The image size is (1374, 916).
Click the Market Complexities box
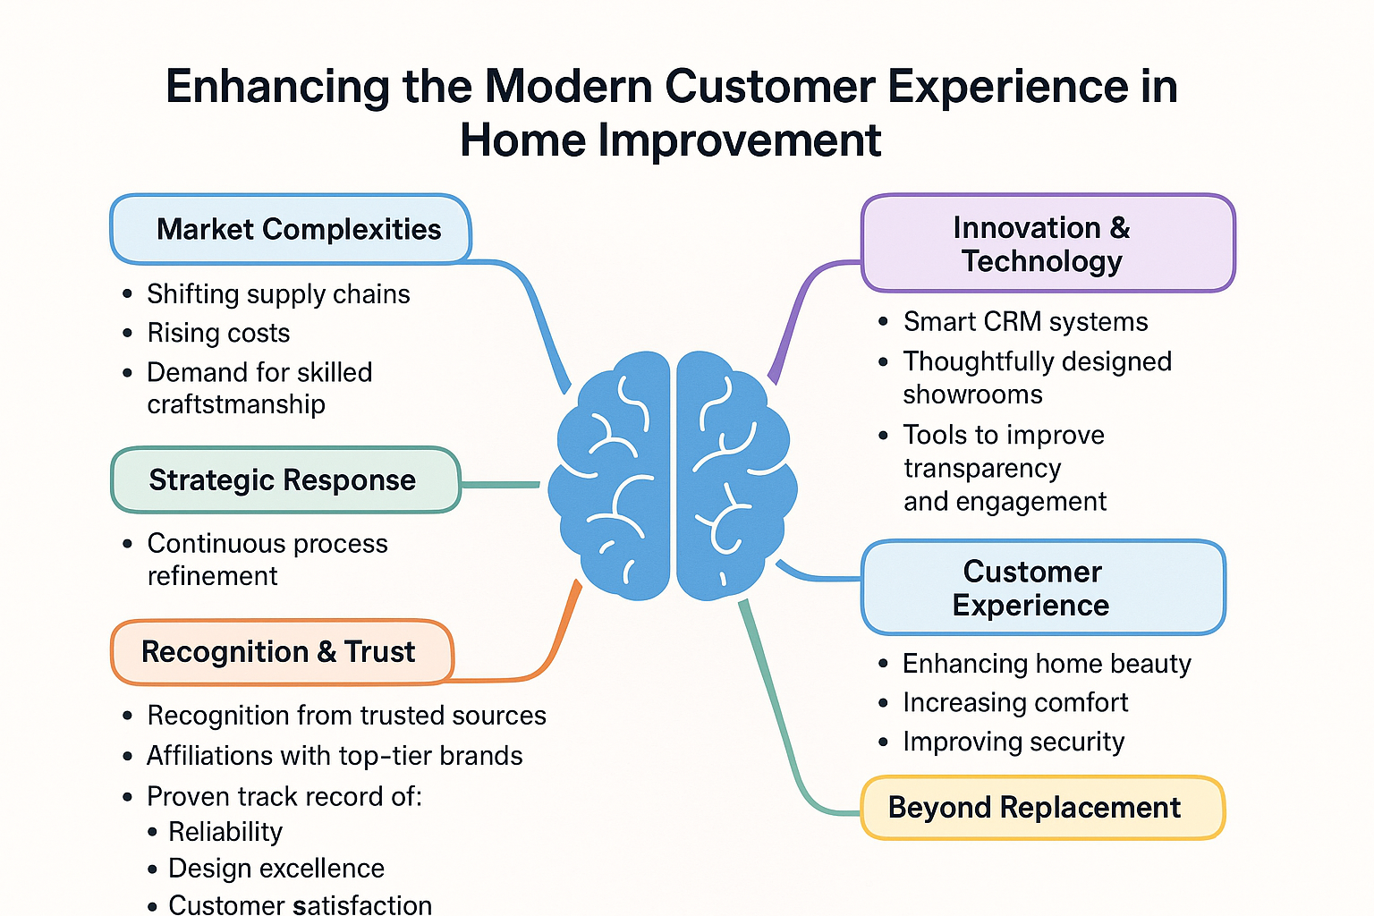pos(291,229)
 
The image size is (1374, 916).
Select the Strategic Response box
pos(285,480)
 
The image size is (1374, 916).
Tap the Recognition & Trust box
pos(282,652)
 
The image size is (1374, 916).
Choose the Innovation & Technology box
pos(1047,244)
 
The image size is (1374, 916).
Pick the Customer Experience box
pos(1043,588)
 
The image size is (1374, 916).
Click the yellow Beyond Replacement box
pos(1042,808)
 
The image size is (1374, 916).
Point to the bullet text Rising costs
pos(218,333)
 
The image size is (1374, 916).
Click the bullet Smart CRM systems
pos(1025,322)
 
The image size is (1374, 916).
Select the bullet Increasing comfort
pos(1014,703)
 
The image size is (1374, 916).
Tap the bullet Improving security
pos(1013,742)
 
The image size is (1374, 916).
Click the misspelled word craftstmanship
pos(236,404)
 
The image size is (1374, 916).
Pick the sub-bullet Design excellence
pos(276,869)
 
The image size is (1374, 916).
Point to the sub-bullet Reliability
pos(225,832)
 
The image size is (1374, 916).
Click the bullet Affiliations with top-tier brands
pos(334,756)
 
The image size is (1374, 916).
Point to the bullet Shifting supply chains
pos(278,294)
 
